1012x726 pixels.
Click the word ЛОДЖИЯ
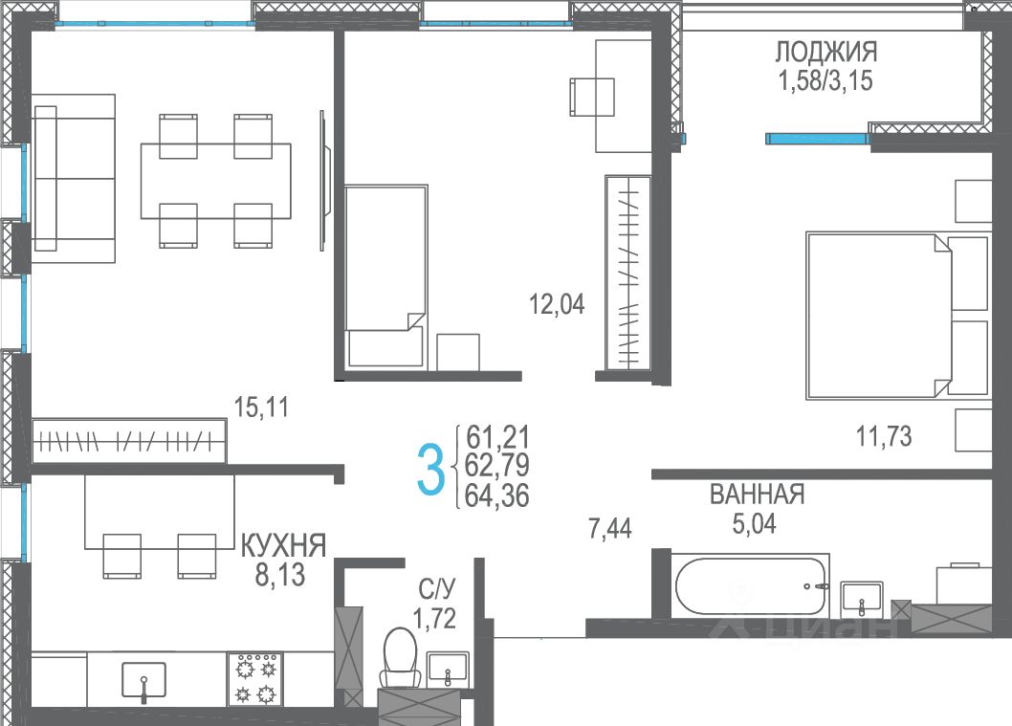826,52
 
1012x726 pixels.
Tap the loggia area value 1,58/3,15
826,81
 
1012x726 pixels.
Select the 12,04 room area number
557,303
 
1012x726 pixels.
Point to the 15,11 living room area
261,407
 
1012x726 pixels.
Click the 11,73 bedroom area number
884,436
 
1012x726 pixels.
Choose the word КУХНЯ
283,546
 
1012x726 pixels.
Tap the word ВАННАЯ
757,495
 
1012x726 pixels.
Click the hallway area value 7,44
610,529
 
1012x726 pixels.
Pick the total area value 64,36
497,495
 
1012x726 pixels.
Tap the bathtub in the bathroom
751,586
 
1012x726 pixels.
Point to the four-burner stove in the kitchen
255,679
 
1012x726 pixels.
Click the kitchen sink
143,681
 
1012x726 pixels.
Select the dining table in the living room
215,181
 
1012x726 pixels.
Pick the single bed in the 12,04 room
385,277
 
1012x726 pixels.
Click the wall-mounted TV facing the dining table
325,180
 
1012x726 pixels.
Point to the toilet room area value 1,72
434,619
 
